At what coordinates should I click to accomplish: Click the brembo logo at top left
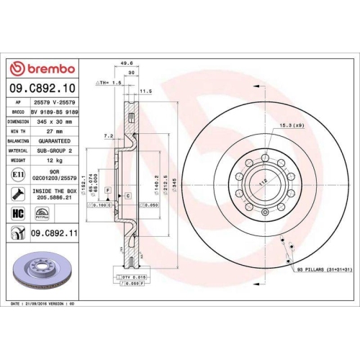(x=41, y=68)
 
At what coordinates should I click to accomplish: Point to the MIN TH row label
(x=19, y=131)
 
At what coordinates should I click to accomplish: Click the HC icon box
(x=18, y=213)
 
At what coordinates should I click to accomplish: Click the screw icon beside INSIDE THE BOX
(x=18, y=194)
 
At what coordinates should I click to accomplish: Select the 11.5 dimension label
(x=144, y=91)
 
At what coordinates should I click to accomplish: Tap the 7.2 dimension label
(x=108, y=135)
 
